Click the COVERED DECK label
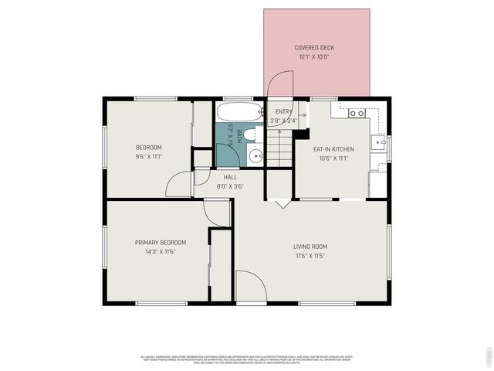[314, 48]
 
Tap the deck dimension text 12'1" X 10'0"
[314, 56]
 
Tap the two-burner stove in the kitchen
[356, 113]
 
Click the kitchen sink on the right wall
[377, 142]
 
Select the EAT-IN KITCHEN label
[333, 149]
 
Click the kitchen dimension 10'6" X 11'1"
[333, 158]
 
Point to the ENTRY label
[284, 112]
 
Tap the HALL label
[230, 177]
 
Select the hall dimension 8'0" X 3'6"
[230, 185]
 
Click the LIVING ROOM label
[310, 247]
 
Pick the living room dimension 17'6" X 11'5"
[310, 256]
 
